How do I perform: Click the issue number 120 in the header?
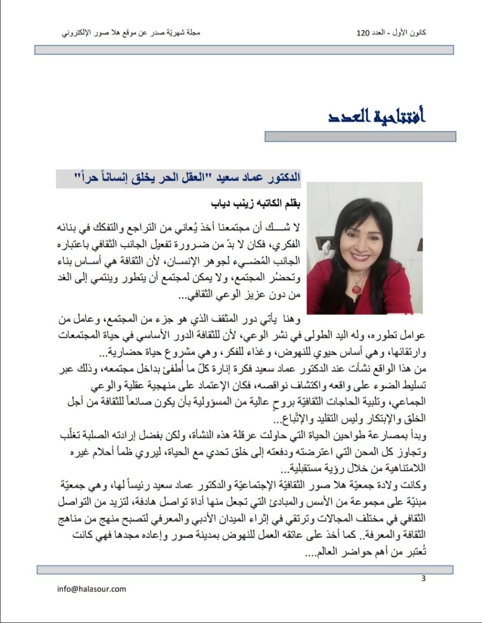tap(364, 33)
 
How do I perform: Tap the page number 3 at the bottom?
tap(424, 578)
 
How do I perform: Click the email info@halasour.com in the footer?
tap(92, 589)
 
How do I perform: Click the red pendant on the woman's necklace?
tap(357, 289)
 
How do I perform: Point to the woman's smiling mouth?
tap(360, 256)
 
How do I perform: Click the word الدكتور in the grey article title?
tap(284, 177)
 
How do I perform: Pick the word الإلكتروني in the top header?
tap(78, 33)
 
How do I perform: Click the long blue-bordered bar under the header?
tap(244, 50)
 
